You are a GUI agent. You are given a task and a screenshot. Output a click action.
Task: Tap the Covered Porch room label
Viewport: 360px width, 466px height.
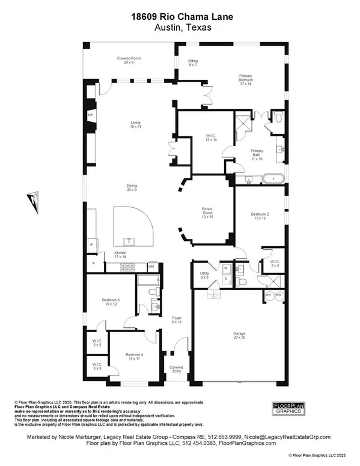coord(127,60)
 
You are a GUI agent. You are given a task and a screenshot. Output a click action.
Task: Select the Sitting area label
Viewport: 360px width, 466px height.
coord(194,62)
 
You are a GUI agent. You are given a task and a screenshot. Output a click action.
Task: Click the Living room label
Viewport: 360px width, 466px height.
coord(136,125)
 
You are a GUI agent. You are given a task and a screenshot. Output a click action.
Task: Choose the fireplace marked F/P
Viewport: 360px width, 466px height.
coord(91,114)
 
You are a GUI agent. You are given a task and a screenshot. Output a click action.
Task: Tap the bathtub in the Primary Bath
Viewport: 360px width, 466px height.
coord(276,178)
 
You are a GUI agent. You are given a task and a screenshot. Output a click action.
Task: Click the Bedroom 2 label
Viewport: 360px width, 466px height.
coord(260,216)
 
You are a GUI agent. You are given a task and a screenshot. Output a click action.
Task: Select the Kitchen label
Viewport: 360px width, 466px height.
coord(121,255)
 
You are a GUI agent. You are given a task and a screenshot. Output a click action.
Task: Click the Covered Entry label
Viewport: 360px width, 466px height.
coord(176,369)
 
